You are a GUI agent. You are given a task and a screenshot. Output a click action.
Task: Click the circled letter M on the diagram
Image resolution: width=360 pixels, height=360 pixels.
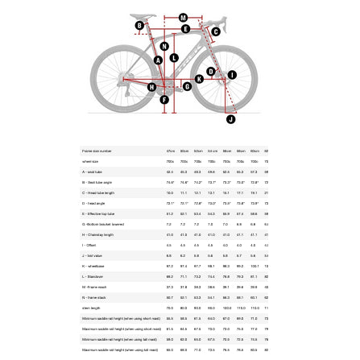(183, 17)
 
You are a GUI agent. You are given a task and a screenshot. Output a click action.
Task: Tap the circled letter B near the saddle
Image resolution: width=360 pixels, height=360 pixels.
(139, 26)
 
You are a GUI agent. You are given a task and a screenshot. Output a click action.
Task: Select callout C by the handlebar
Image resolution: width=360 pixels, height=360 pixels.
(215, 32)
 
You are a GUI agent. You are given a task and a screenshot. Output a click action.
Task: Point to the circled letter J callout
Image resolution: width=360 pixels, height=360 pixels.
(230, 119)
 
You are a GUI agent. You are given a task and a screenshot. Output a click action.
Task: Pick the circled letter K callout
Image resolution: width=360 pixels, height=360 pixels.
(199, 79)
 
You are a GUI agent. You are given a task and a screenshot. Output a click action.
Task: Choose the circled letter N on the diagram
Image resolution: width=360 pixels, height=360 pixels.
(163, 48)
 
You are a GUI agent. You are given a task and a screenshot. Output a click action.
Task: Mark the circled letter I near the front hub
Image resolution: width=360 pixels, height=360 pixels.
(232, 76)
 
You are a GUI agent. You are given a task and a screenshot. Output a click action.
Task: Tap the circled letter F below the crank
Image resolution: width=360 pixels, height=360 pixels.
(165, 100)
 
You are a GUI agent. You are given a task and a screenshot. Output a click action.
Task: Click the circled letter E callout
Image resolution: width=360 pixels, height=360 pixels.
(186, 29)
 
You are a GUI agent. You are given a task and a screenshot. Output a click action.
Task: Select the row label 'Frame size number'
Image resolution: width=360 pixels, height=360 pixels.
(97, 151)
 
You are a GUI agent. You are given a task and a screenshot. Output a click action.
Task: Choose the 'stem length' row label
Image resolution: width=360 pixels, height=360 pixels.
(91, 308)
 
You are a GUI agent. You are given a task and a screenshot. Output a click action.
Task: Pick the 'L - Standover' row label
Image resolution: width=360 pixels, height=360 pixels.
(93, 276)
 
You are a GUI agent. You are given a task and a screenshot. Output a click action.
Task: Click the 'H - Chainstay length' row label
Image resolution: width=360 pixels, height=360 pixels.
(97, 234)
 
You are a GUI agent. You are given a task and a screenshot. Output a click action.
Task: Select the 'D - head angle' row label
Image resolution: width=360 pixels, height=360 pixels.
(93, 203)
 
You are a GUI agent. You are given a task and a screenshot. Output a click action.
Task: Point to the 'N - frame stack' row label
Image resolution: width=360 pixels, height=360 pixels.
(94, 297)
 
